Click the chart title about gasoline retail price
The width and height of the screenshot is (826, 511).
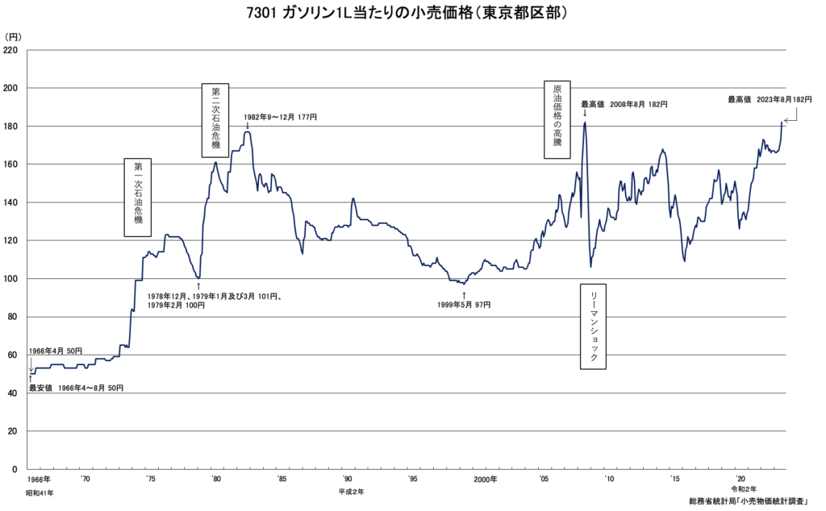(x=413, y=14)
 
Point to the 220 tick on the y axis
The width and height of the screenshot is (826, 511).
(x=11, y=50)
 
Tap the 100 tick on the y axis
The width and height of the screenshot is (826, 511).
(x=11, y=279)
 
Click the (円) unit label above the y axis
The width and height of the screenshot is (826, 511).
(x=14, y=36)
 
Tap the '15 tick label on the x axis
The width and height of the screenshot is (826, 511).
(x=674, y=480)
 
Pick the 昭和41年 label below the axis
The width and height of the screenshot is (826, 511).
(x=40, y=492)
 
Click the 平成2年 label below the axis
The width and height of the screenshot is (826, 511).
(x=352, y=492)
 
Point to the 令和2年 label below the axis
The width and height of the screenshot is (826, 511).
(x=745, y=489)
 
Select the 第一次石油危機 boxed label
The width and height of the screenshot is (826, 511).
(x=138, y=197)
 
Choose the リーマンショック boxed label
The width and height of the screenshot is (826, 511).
(x=594, y=326)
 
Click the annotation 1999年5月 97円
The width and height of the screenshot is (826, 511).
(x=464, y=305)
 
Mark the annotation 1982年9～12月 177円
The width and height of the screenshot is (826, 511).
(x=281, y=117)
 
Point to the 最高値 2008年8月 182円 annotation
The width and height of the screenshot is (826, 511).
(x=624, y=104)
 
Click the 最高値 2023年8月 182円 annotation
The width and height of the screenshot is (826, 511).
(x=769, y=99)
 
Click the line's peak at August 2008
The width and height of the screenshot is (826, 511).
(x=584, y=123)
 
